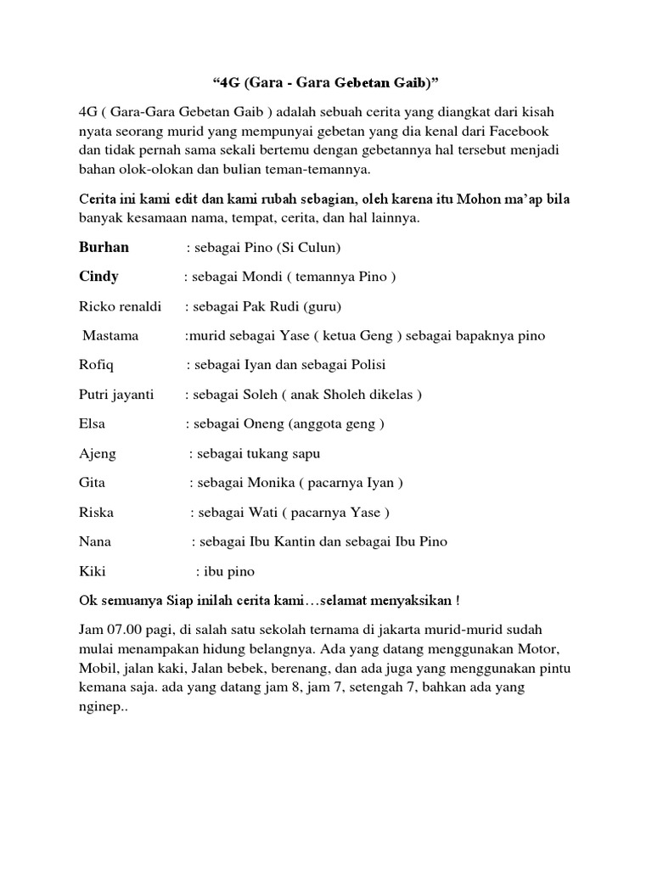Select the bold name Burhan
[x=104, y=248]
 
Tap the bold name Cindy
[x=98, y=277]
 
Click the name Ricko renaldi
[x=120, y=306]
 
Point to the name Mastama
[x=110, y=336]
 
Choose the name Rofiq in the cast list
[x=95, y=365]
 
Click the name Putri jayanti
[x=116, y=395]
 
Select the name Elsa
[x=92, y=423]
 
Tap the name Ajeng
[x=97, y=453]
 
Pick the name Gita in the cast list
[x=92, y=483]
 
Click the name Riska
[x=96, y=513]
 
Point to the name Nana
[x=94, y=541]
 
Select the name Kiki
[x=92, y=571]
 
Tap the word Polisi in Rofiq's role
[x=365, y=365]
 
